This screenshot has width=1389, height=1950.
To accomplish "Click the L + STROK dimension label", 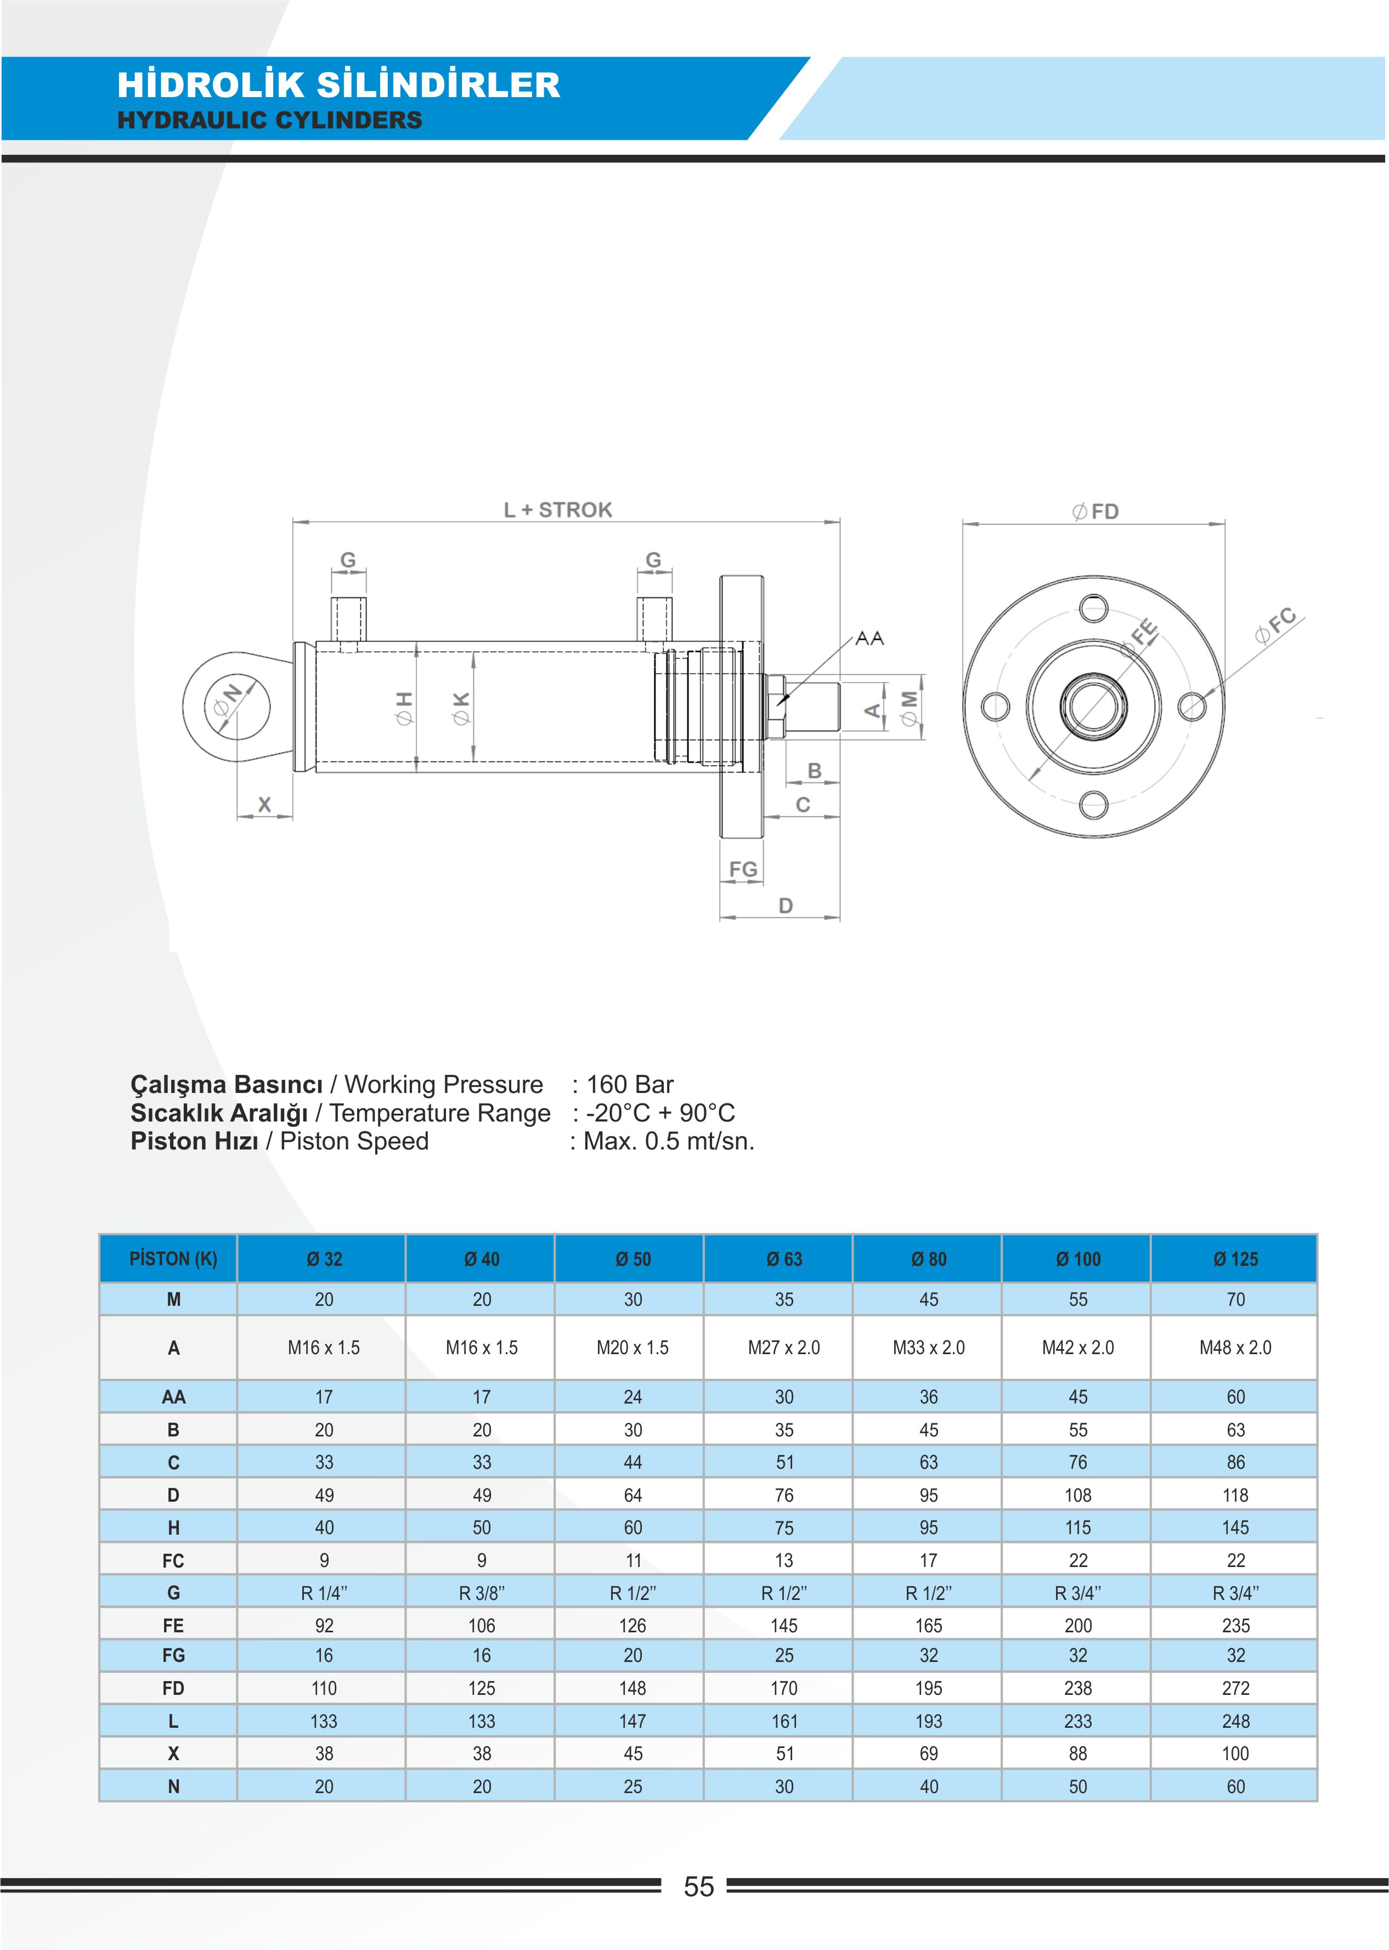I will point(558,510).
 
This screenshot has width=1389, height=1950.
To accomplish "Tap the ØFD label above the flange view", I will point(1096,511).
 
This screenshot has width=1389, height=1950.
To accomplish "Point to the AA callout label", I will point(870,638).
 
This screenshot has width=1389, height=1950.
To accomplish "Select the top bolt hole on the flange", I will point(1094,609).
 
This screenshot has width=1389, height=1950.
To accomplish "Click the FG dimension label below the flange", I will point(742,869).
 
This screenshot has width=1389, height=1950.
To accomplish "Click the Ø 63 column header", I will point(784,1259).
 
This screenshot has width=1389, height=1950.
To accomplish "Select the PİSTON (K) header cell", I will point(173,1259).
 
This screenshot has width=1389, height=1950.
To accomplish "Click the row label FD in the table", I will point(173,1688).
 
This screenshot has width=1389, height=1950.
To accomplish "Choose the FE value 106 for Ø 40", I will point(482,1625).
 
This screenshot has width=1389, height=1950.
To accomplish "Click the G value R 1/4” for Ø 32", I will point(324,1592).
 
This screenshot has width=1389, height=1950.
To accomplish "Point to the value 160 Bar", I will point(630,1085).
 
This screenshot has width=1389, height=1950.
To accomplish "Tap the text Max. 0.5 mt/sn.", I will point(669,1141).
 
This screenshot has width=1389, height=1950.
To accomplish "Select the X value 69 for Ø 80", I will point(928,1753).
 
